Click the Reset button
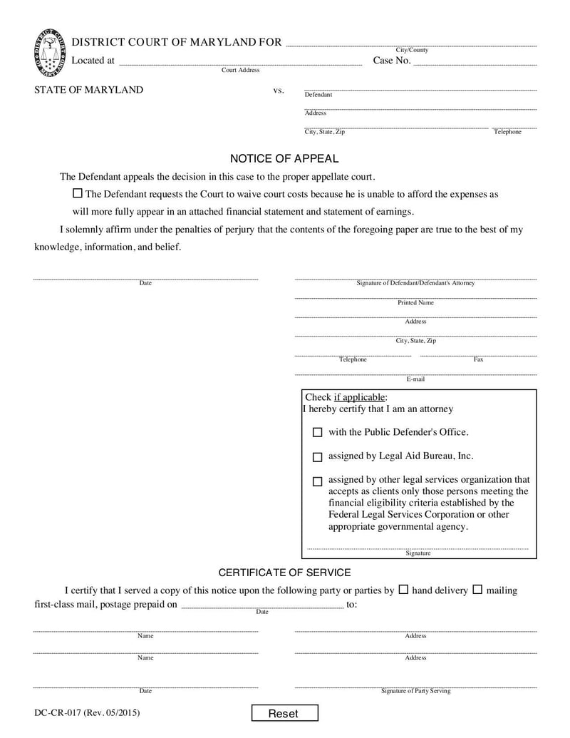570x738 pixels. (284, 713)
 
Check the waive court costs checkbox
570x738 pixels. (78, 193)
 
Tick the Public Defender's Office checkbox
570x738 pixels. (318, 432)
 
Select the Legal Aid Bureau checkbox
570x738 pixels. (318, 456)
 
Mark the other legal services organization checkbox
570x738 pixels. (318, 481)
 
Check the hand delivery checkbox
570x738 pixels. (403, 590)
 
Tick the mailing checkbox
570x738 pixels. (477, 590)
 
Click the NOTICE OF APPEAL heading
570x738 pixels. (284, 158)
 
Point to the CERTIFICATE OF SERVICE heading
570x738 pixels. (284, 573)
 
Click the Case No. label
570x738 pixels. (392, 61)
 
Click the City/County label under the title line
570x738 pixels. (412, 50)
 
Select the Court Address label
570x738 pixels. (240, 70)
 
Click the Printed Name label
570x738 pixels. (415, 302)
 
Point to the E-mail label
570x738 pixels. (415, 379)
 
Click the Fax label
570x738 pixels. (478, 359)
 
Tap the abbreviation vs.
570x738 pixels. (279, 91)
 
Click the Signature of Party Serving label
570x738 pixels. (415, 691)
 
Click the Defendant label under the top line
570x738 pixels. (318, 95)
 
